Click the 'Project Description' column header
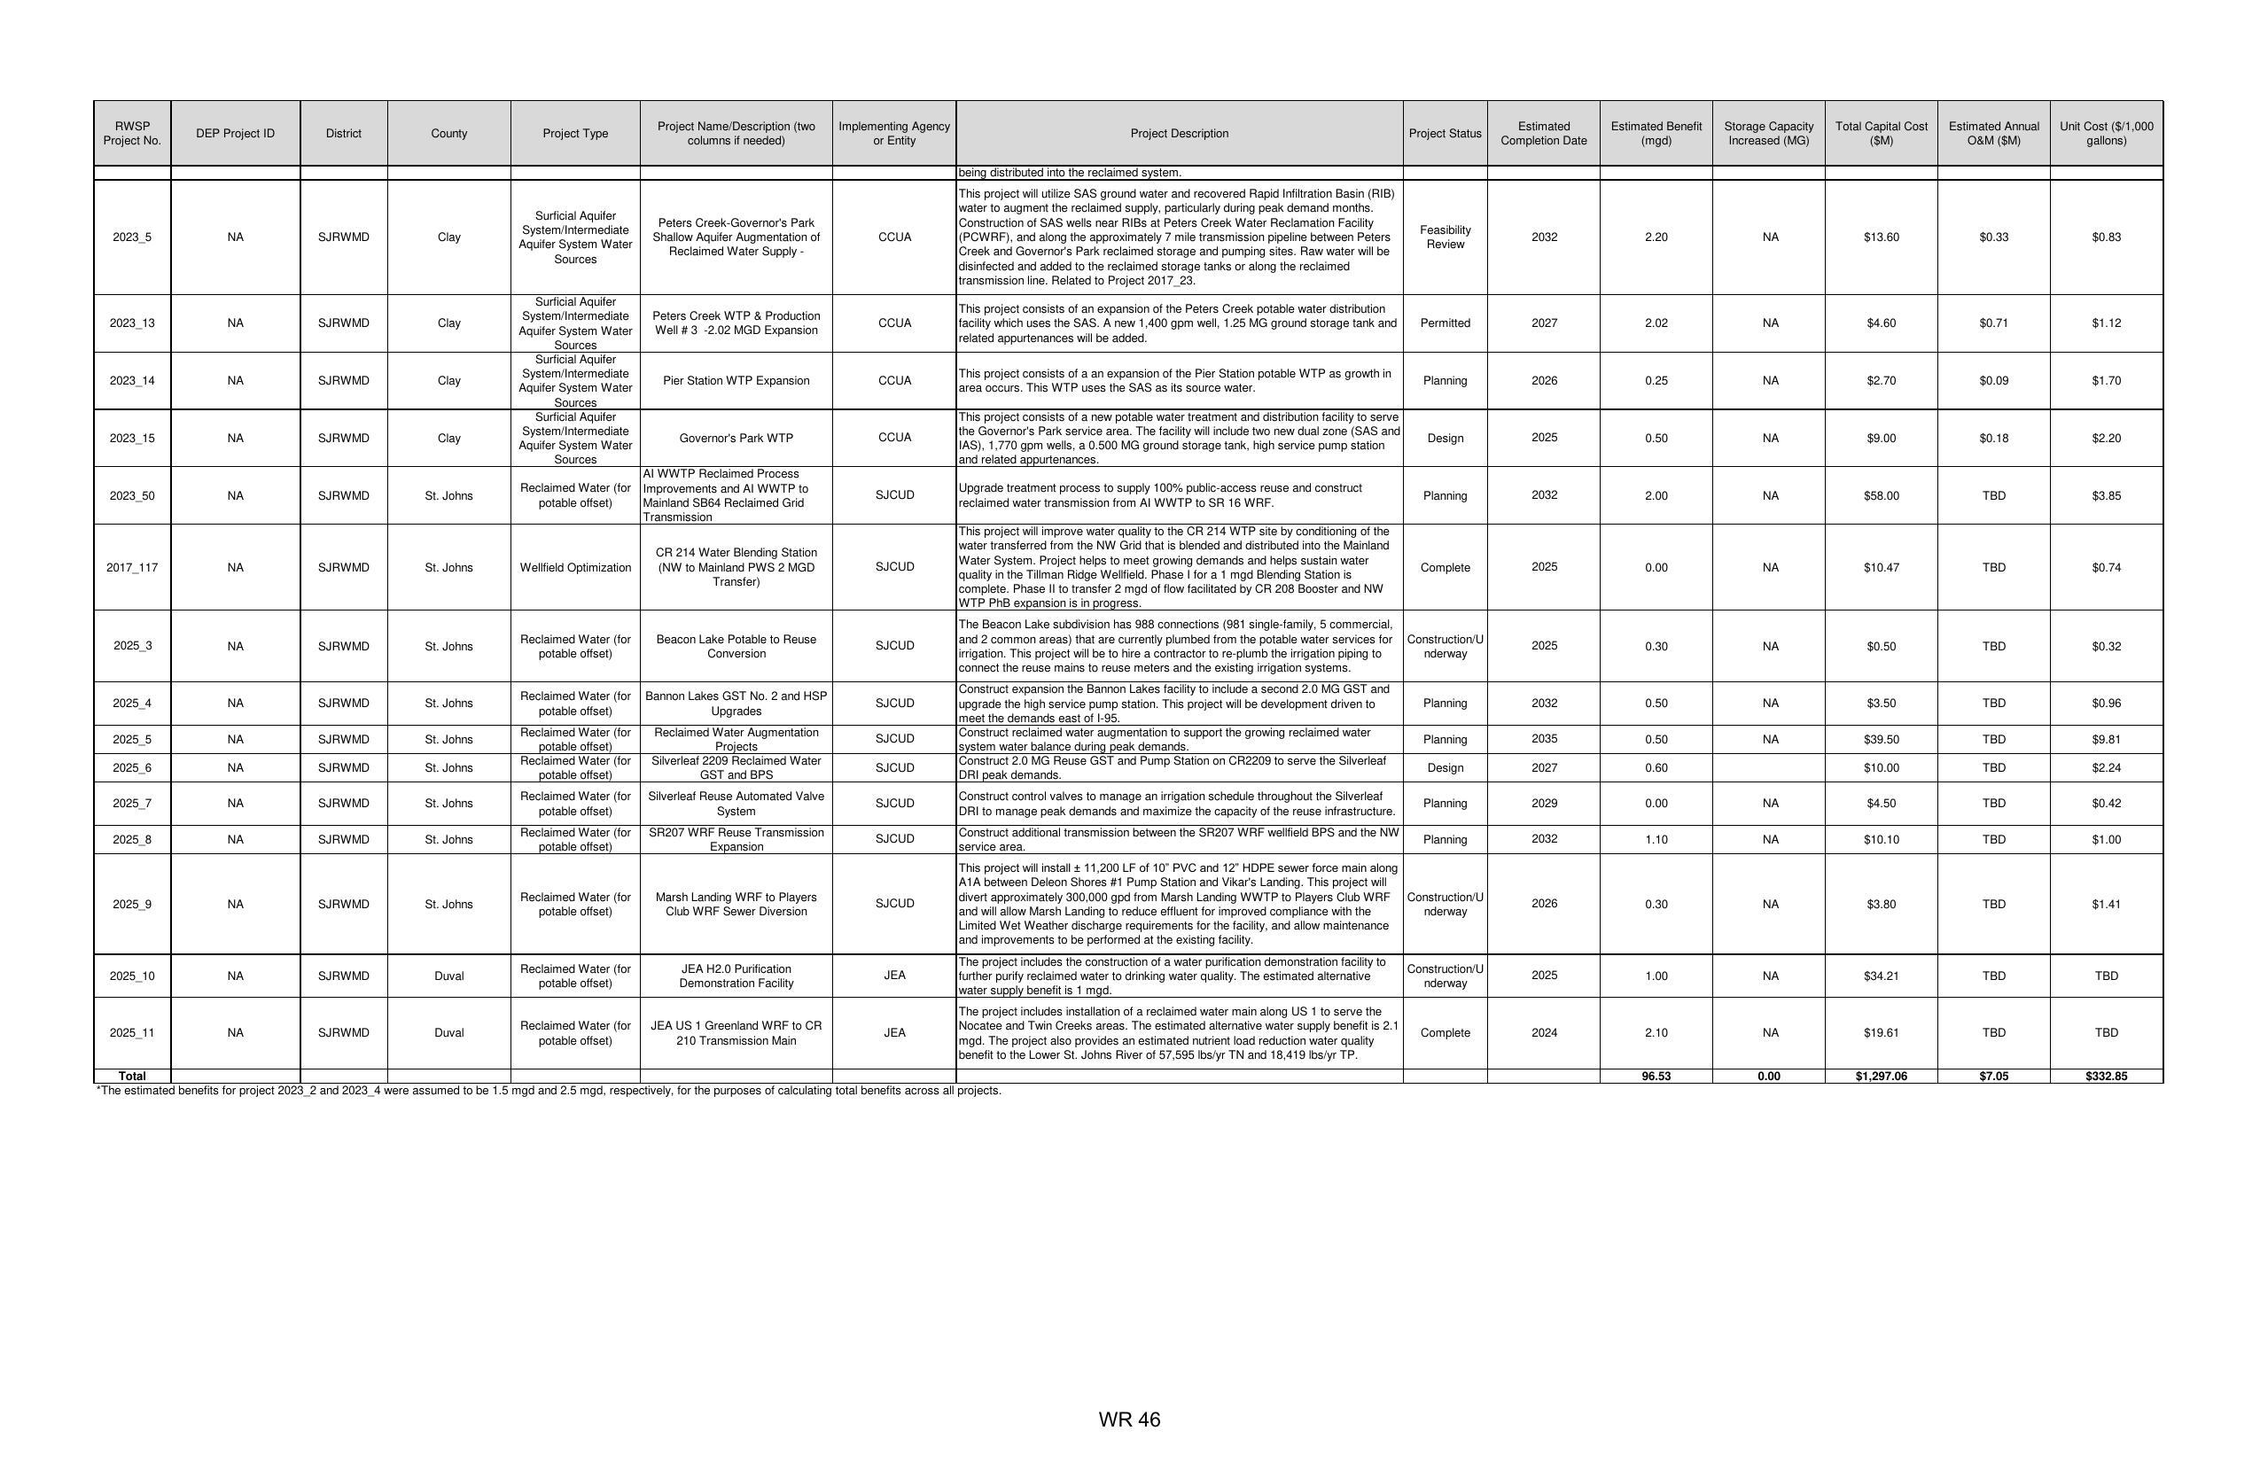pos(1179,134)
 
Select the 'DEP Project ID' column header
pos(236,134)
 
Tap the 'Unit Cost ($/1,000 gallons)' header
pos(2105,134)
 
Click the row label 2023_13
pos(132,323)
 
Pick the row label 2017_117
pos(132,568)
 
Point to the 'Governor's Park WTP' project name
pos(736,439)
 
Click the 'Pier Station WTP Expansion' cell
pos(736,382)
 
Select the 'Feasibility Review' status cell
pos(1445,237)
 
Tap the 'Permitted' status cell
pos(1445,323)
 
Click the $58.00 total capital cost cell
pos(1880,496)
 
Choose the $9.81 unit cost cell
pos(2105,740)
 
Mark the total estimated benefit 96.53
pos(1656,1077)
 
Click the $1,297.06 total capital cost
pos(1880,1077)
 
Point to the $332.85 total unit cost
pos(2105,1077)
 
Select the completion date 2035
pos(1543,740)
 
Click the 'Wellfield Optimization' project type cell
pos(574,568)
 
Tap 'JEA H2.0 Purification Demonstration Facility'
pos(736,976)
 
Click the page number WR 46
pos(1129,1419)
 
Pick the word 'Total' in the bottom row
pos(132,1077)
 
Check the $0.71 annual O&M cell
pos(1993,323)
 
